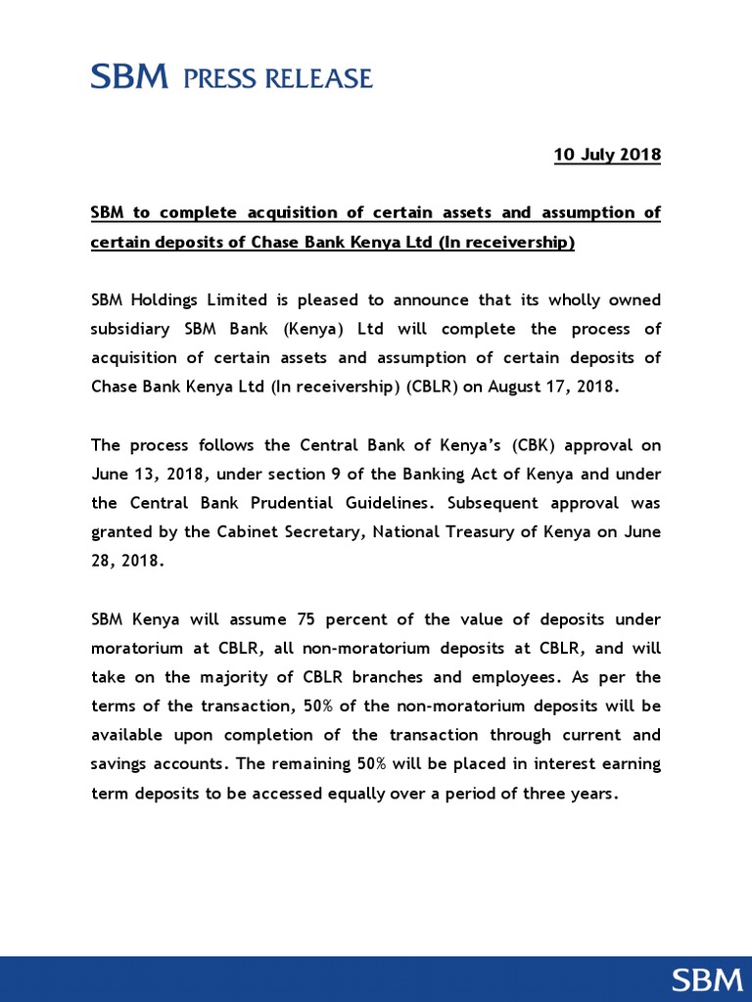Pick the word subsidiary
coord(131,328)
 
